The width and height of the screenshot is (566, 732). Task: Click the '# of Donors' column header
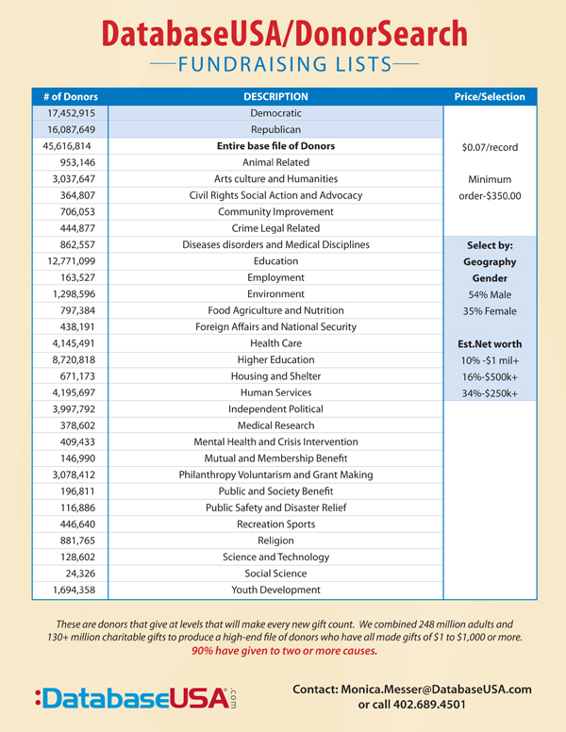click(x=71, y=96)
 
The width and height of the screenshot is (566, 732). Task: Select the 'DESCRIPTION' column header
click(x=275, y=96)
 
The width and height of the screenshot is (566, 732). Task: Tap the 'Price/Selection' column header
click(x=490, y=96)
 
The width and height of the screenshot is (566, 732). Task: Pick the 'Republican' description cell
click(x=275, y=129)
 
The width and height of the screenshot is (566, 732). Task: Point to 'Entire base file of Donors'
click(x=275, y=146)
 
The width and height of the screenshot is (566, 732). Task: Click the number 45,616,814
click(x=69, y=146)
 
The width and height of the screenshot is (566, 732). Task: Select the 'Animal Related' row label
click(x=275, y=162)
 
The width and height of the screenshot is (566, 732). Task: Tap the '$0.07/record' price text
click(x=491, y=146)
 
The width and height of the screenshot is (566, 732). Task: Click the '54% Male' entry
click(x=491, y=294)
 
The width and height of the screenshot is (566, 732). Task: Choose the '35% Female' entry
click(x=491, y=310)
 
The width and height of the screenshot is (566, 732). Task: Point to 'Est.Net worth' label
click(x=491, y=343)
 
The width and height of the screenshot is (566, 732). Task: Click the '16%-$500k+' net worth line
click(x=491, y=376)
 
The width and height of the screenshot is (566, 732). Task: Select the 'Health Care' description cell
click(x=275, y=343)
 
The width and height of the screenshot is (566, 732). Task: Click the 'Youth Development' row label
click(x=275, y=590)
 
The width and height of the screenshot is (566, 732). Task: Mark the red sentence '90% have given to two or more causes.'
click(x=283, y=652)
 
